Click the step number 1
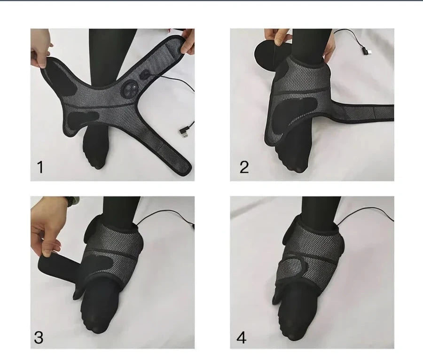[x=40, y=167]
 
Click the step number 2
[x=244, y=167]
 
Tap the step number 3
[x=39, y=337]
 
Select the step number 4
[x=242, y=337]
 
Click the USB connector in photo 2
[x=365, y=50]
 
